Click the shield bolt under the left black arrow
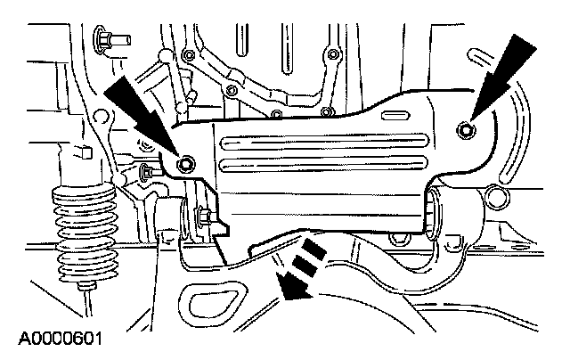tap(185, 165)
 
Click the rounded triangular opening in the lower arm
tap(209, 307)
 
